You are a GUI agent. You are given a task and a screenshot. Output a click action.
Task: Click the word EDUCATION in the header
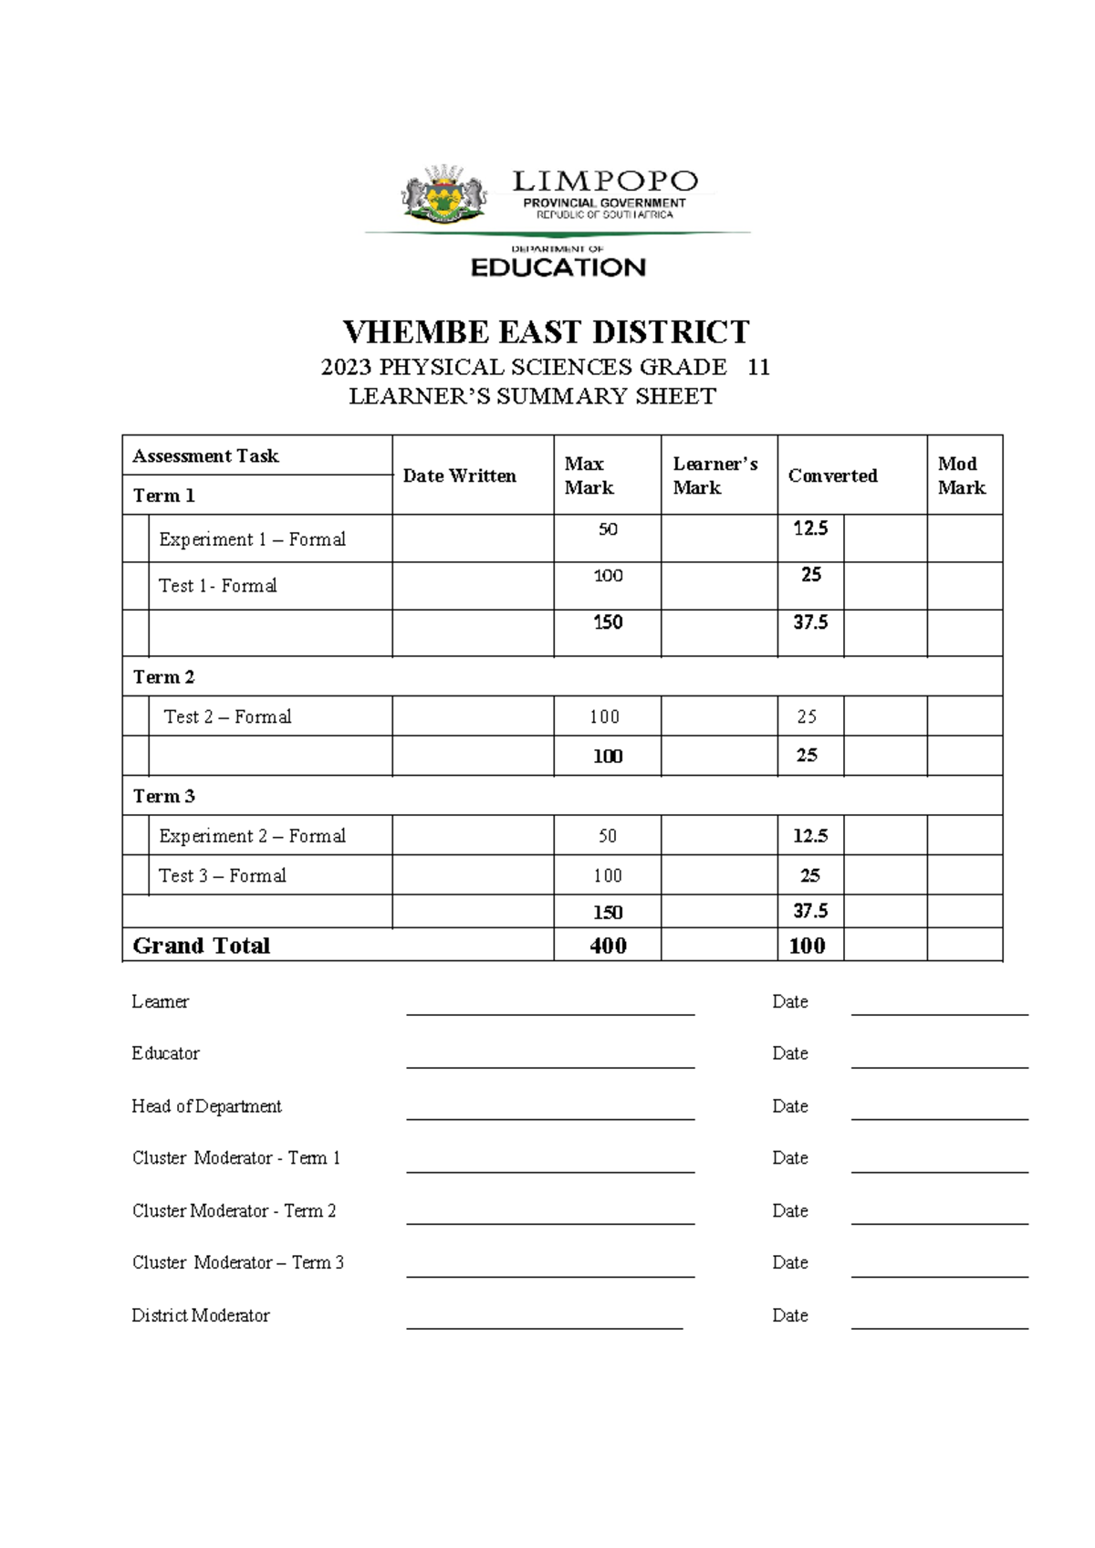(558, 267)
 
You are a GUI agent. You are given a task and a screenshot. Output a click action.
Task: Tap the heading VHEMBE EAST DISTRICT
(546, 331)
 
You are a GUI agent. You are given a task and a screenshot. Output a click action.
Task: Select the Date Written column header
(460, 476)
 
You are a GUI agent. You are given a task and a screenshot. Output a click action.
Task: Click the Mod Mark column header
(961, 476)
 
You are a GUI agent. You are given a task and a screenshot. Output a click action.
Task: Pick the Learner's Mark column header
(714, 476)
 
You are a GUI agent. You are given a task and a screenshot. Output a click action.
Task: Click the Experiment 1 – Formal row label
(252, 539)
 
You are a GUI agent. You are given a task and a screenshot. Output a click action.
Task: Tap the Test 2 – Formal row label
(227, 716)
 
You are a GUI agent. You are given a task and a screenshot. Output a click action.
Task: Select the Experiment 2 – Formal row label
(252, 836)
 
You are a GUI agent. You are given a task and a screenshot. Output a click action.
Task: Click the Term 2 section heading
(163, 677)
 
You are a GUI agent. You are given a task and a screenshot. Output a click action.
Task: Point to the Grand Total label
(202, 946)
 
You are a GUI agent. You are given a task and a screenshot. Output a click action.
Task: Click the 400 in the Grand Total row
(608, 946)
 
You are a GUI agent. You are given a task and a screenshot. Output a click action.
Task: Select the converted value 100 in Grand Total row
(807, 946)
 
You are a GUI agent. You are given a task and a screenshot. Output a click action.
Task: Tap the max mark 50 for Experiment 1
(608, 529)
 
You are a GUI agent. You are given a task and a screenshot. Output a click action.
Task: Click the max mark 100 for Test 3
(608, 876)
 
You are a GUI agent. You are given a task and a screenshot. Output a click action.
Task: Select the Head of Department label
(206, 1106)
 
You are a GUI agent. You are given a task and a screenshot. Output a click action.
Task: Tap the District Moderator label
(201, 1315)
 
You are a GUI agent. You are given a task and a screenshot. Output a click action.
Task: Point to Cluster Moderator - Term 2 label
(234, 1211)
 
